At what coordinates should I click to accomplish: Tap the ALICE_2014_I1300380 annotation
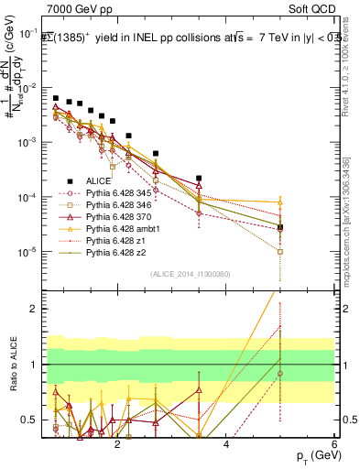coord(190,272)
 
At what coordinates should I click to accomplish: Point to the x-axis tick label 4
coord(226,445)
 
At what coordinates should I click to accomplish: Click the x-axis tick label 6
coord(335,445)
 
